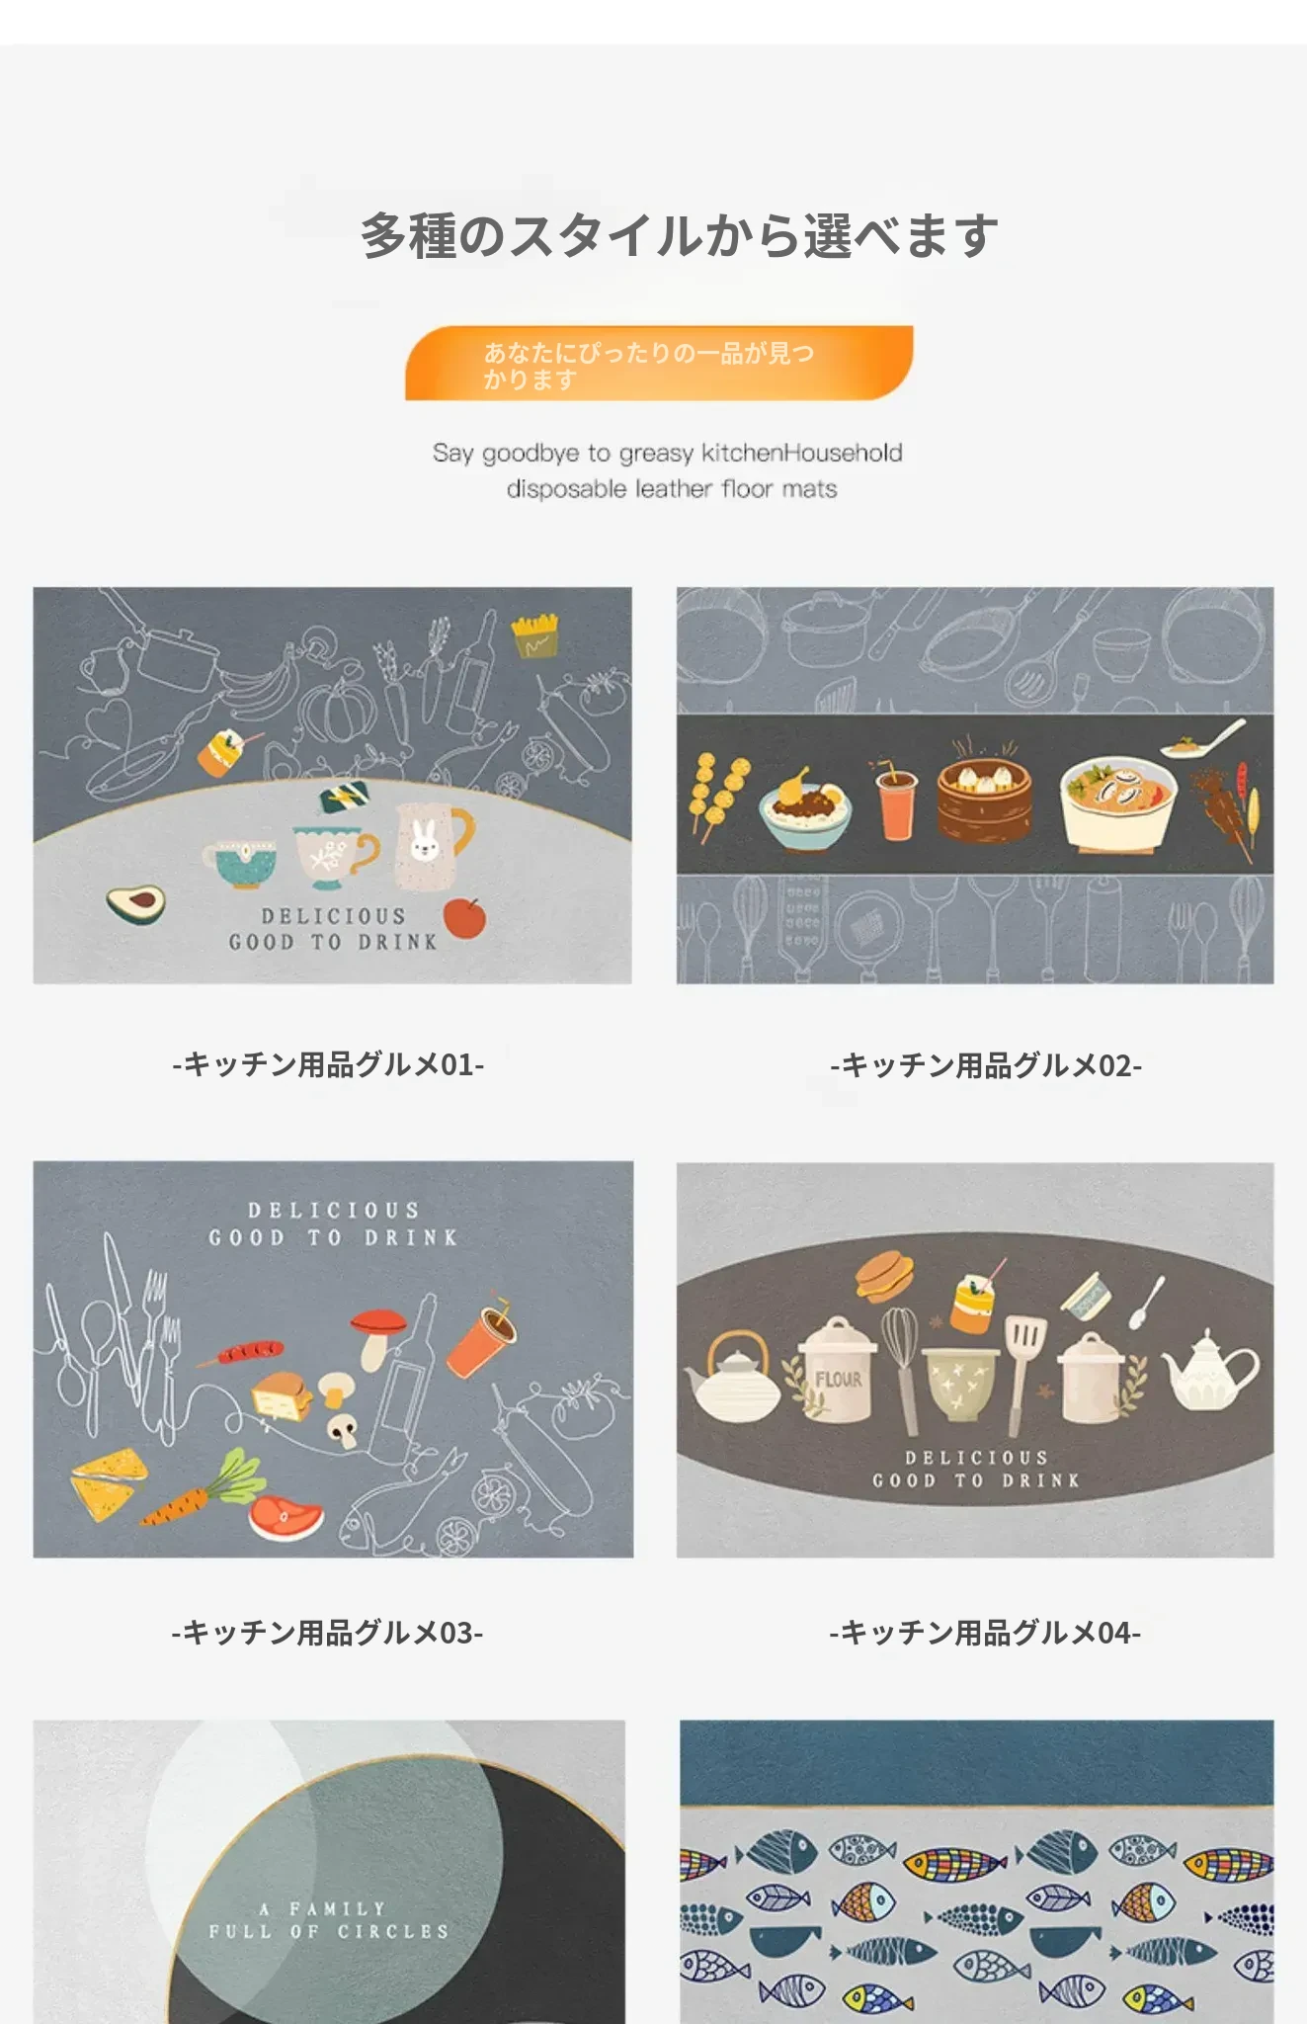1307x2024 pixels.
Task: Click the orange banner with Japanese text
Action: [x=659, y=363]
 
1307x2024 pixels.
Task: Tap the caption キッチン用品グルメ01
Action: [x=328, y=1064]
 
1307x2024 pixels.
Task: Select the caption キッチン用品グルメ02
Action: [x=986, y=1064]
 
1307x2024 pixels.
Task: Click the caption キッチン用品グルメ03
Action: [x=327, y=1632]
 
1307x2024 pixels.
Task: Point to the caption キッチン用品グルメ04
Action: [x=985, y=1632]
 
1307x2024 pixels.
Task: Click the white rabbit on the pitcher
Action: [x=424, y=840]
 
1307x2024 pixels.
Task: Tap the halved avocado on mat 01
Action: [x=135, y=903]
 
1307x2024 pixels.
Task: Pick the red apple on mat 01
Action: [x=465, y=917]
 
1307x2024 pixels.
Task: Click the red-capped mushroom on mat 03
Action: [x=377, y=1335]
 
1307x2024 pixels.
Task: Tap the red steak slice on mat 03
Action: [x=286, y=1517]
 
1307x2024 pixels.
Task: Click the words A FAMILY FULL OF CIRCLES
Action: [x=329, y=1919]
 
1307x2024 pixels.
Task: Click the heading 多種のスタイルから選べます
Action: [x=679, y=236]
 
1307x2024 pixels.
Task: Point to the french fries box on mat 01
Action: [x=534, y=636]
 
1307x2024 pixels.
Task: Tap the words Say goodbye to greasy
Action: [x=562, y=454]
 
